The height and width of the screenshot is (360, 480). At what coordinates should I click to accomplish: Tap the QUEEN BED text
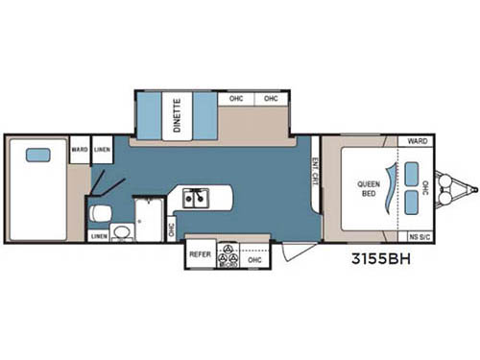coord(370,188)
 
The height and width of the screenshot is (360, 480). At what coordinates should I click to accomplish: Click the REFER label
coord(200,255)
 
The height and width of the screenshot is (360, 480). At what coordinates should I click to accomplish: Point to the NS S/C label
coord(418,235)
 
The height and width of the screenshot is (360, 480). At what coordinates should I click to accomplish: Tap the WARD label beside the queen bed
coord(418,141)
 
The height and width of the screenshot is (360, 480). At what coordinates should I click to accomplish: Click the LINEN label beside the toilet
coord(99,235)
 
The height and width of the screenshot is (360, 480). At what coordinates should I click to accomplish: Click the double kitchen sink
coord(198,200)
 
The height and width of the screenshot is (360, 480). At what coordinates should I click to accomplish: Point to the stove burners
coord(228,255)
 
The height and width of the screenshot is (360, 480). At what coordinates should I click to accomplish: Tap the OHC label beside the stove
coord(254,259)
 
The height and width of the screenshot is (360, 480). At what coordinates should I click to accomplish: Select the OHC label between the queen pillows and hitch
coord(415,188)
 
